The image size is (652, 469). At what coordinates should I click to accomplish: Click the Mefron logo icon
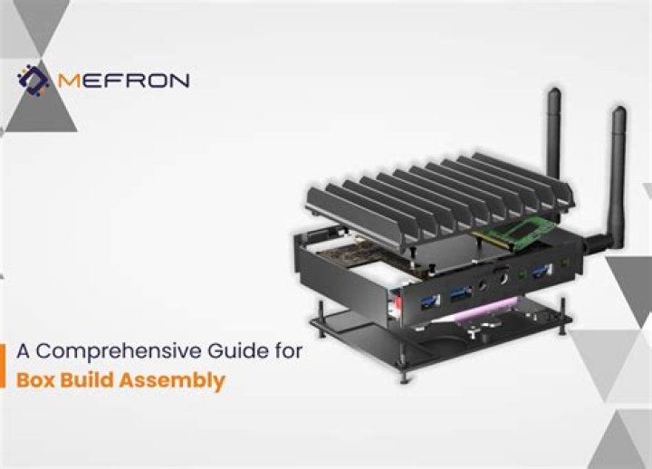[33, 80]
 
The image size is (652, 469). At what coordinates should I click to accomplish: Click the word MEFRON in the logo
[123, 80]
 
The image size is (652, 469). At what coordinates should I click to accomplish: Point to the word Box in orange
[35, 380]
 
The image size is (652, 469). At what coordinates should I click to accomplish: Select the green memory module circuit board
[515, 233]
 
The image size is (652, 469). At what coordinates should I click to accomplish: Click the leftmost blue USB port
[430, 301]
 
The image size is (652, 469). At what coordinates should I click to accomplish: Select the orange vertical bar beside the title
[3, 366]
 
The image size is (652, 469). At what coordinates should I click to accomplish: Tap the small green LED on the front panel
[522, 275]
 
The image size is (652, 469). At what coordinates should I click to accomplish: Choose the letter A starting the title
[24, 351]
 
